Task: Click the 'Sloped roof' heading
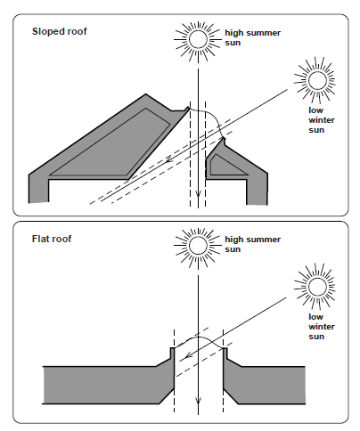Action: pos(60,31)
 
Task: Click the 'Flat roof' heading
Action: pos(52,239)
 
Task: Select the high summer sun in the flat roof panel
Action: pos(198,246)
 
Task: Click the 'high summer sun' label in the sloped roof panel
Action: pos(252,37)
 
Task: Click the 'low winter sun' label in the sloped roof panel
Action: pos(322,120)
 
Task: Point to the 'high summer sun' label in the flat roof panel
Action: pos(252,244)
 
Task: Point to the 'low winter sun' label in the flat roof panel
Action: pos(322,327)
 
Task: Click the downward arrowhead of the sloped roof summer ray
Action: pos(198,194)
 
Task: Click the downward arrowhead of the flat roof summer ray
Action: pos(198,401)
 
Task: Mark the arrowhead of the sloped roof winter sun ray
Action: pos(168,159)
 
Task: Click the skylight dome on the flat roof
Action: pos(199,337)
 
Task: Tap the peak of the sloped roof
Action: pos(145,94)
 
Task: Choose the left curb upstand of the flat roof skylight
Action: pos(172,354)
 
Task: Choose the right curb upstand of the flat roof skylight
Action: pos(225,354)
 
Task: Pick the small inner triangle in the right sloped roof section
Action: pos(225,166)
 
